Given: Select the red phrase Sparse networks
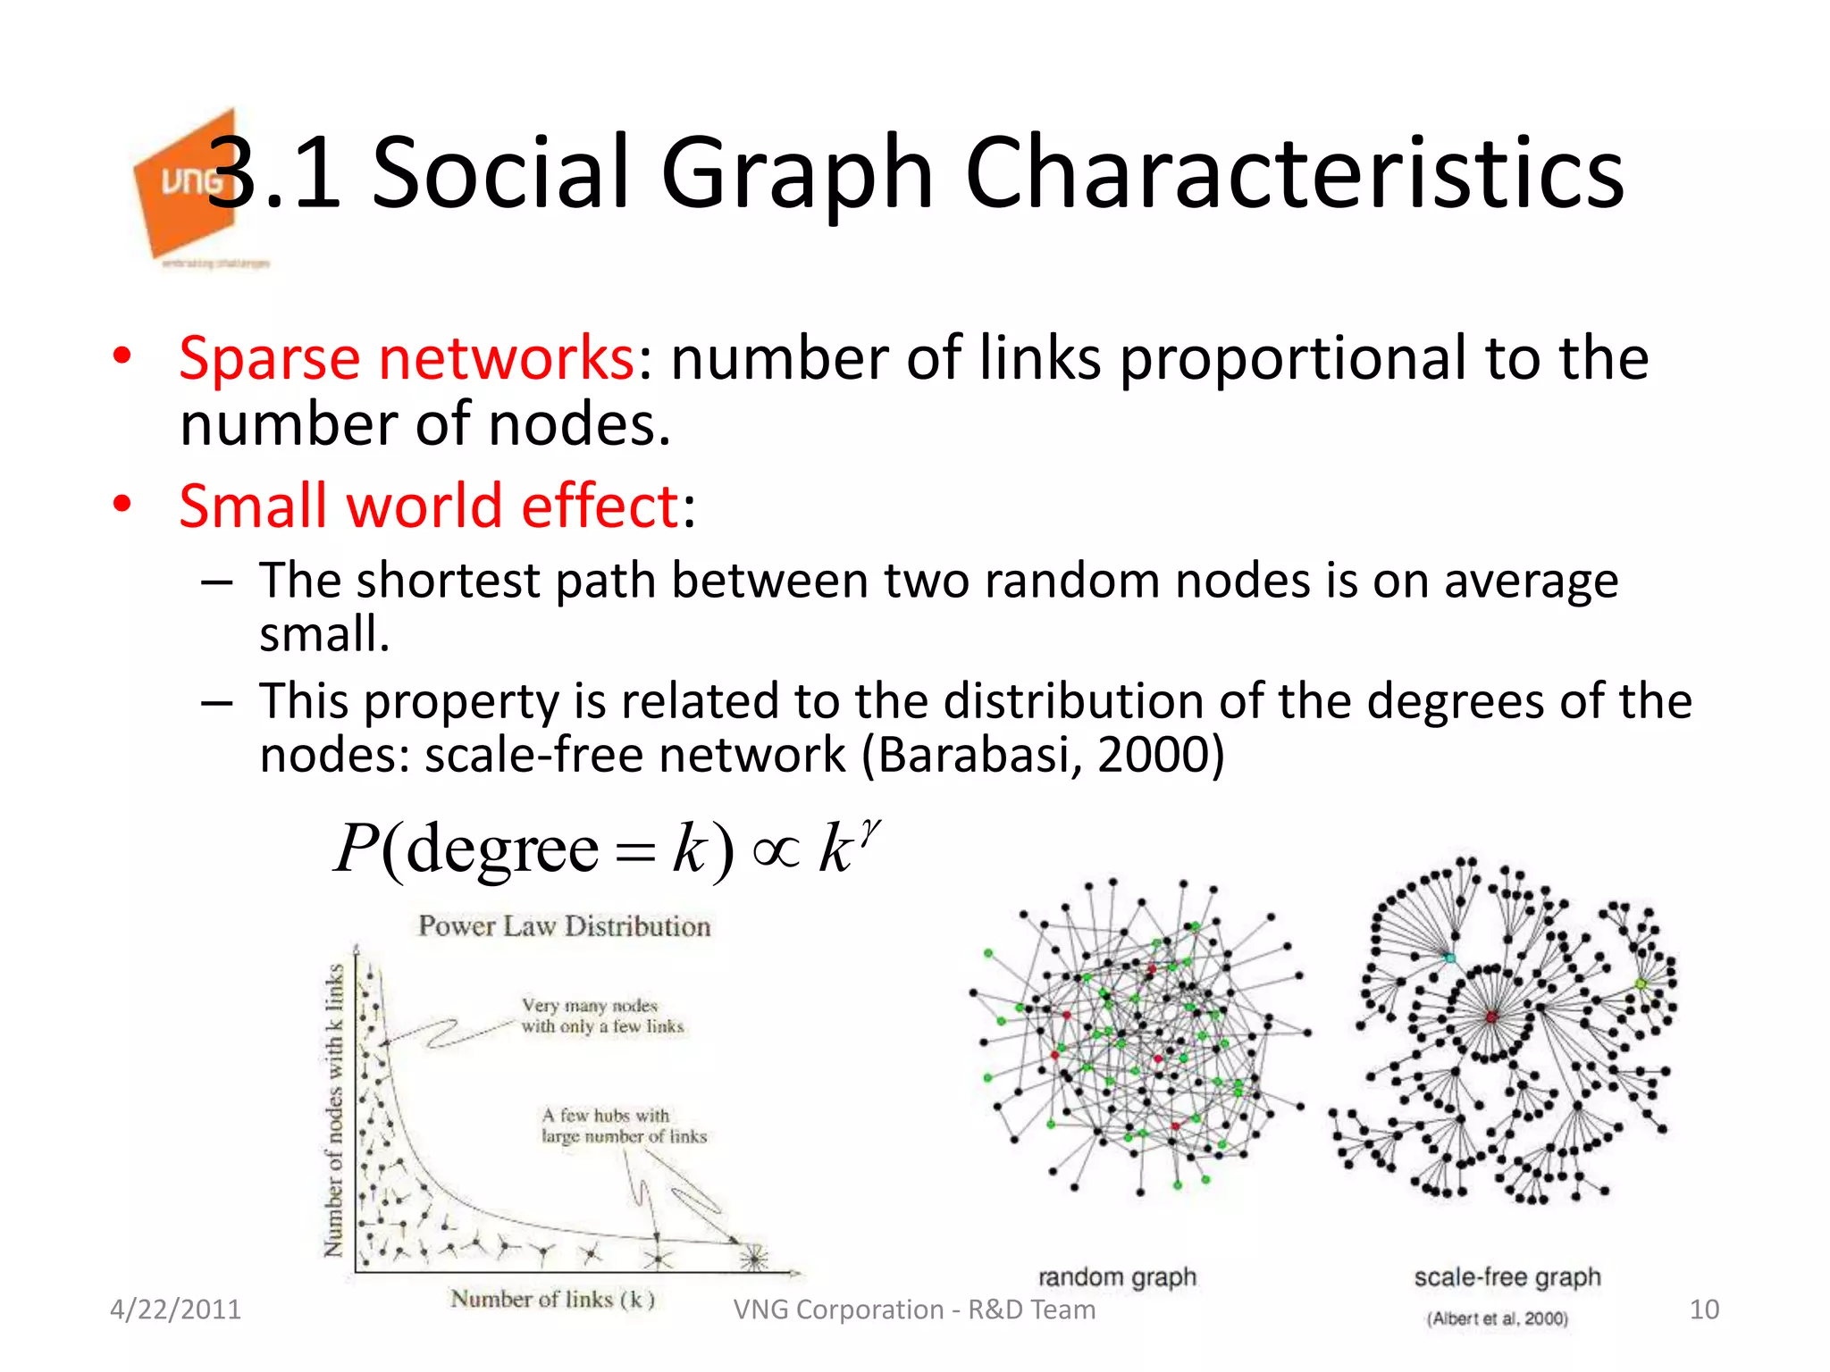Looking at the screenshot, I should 407,358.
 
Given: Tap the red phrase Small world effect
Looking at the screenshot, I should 430,506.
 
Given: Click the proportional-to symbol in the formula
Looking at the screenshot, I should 776,850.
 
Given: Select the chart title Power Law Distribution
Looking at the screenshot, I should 564,926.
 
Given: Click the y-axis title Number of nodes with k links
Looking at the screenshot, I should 334,1110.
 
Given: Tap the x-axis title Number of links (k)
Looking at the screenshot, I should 552,1299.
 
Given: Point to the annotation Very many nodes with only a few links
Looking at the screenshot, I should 602,1016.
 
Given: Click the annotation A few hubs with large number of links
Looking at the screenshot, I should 624,1125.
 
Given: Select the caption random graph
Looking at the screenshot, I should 1116,1277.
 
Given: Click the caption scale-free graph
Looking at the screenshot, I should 1507,1277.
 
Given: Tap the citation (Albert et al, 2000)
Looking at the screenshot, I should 1497,1318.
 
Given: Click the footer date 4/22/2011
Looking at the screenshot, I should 175,1309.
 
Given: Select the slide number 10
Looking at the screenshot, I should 1704,1309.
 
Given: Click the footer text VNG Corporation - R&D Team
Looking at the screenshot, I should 914,1309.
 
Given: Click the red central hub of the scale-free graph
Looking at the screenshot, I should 1491,1016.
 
